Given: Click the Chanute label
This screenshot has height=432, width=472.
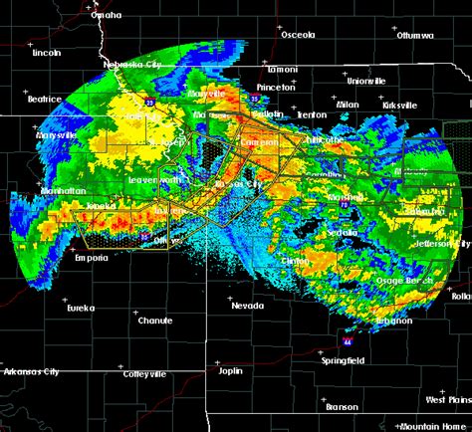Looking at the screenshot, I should coord(155,321).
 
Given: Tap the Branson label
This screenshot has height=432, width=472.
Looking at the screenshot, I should coord(342,406).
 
